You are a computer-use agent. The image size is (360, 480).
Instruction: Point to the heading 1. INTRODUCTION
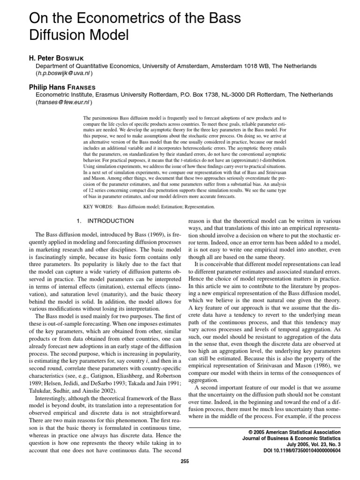[105, 221]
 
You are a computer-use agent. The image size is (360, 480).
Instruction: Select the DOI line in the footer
[302, 450]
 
